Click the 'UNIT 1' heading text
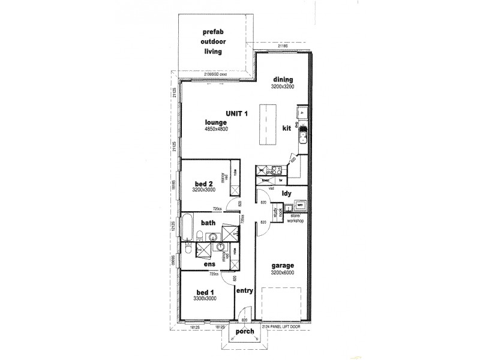(x=237, y=113)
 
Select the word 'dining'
(x=283, y=80)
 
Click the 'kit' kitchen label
(x=287, y=128)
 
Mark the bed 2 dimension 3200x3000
(x=204, y=190)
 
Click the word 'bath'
(x=208, y=223)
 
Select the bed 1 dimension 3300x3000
(x=205, y=298)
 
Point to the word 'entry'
(x=244, y=291)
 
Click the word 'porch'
(x=245, y=331)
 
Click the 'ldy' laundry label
(x=287, y=193)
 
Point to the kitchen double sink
(x=302, y=137)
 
